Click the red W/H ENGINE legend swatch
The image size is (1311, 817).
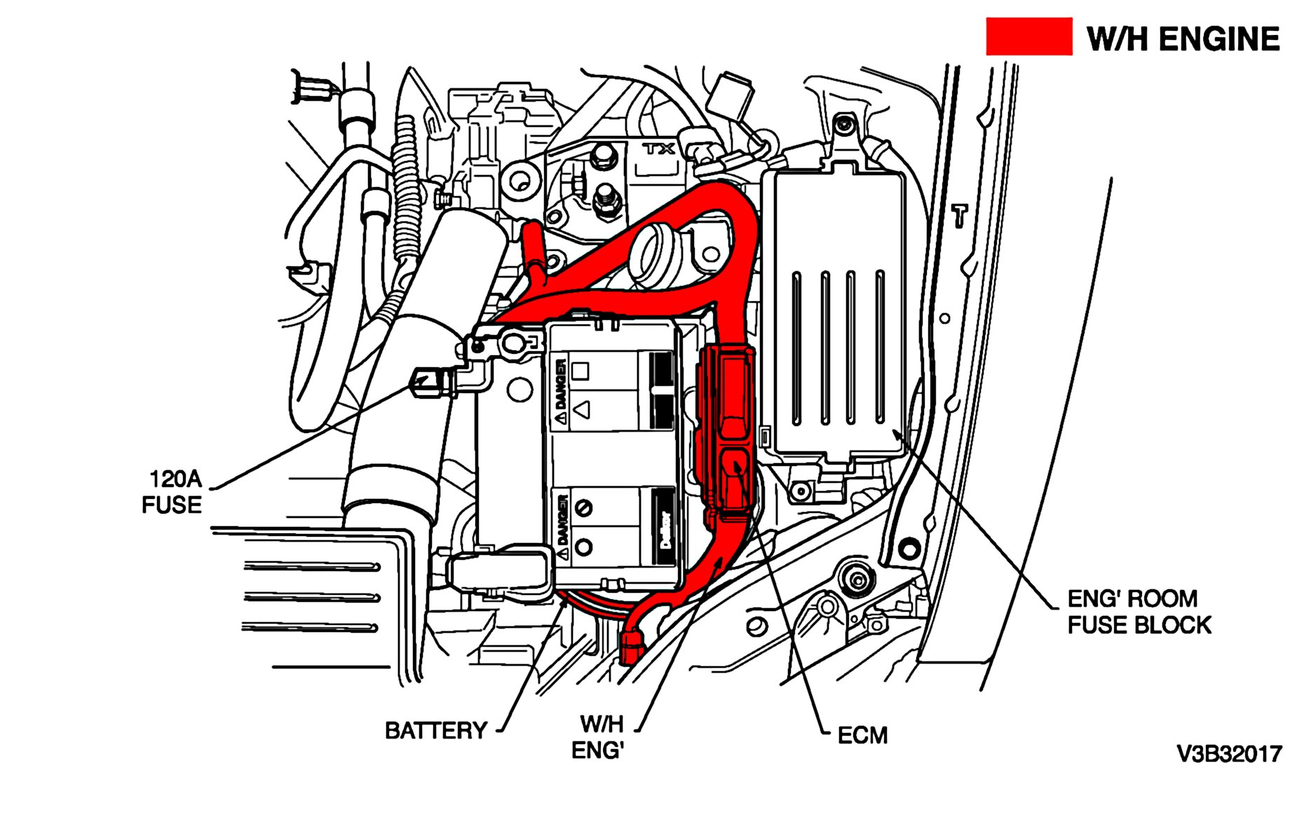[1028, 36]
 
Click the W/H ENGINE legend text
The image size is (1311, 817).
[1183, 39]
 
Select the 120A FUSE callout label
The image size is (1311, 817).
[172, 492]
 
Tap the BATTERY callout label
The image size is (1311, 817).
[435, 731]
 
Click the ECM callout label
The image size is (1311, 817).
[862, 736]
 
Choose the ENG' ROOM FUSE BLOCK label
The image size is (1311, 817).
[1139, 612]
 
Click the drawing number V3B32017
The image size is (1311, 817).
[1229, 755]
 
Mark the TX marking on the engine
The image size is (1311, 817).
[659, 149]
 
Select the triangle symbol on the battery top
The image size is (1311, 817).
[582, 409]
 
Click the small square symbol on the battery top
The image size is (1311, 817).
[580, 370]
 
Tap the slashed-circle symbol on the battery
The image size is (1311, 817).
[583, 507]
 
